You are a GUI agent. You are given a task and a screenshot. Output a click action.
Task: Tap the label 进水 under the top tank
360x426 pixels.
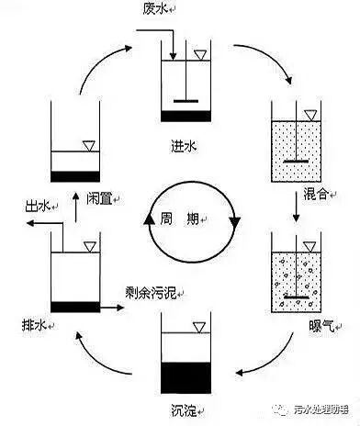[x=181, y=144]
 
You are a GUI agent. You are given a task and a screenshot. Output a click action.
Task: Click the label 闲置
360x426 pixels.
[x=99, y=197]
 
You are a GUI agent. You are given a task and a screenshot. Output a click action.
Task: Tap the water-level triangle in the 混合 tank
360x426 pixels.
[x=310, y=115]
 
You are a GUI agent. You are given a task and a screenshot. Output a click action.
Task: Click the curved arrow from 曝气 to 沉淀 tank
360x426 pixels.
[x=266, y=363]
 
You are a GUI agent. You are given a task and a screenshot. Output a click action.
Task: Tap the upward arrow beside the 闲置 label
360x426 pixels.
[x=76, y=209]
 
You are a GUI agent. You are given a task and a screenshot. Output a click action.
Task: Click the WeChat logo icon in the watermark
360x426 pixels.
[x=265, y=409]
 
